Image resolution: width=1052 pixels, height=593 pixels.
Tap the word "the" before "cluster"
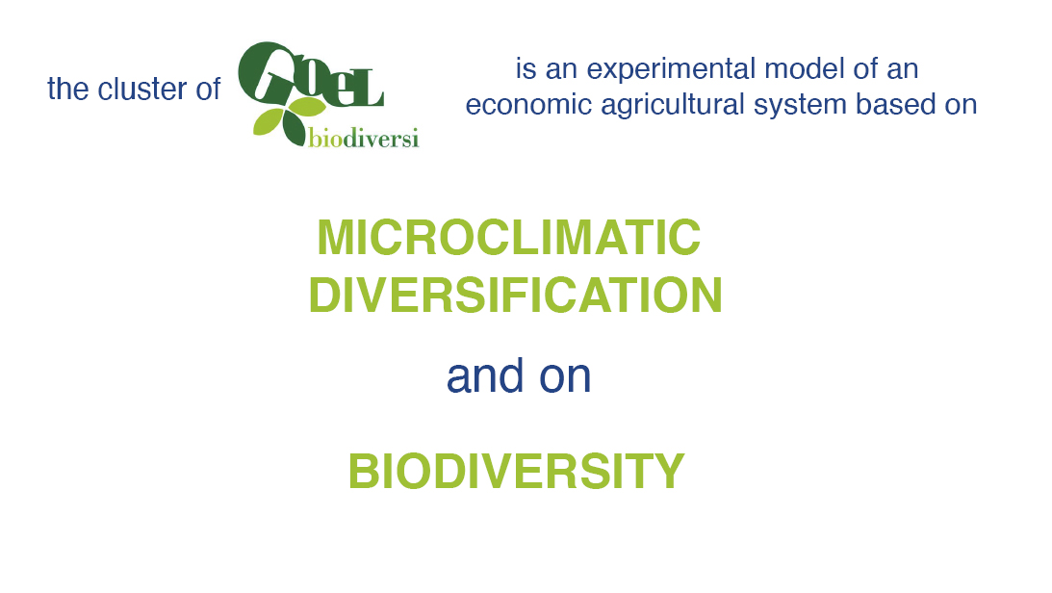(x=67, y=90)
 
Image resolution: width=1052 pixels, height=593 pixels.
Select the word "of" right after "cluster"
(x=208, y=90)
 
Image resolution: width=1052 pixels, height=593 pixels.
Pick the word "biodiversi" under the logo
(x=364, y=138)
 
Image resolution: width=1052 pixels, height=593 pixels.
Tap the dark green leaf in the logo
(x=294, y=128)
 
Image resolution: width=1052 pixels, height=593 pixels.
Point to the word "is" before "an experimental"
(x=525, y=68)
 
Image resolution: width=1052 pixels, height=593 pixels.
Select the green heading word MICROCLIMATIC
(x=508, y=237)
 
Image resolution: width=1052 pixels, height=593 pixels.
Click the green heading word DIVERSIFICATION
(x=515, y=296)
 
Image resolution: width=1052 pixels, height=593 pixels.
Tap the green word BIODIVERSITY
(x=516, y=471)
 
